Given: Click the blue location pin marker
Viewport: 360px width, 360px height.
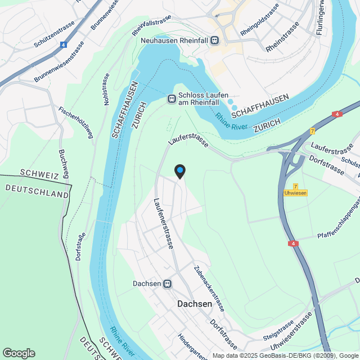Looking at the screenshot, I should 179,170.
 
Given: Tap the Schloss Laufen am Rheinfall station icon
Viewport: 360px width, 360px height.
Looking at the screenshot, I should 172,99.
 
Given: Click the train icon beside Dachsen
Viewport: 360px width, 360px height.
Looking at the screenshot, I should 167,284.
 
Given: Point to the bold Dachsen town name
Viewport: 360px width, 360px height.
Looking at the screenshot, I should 195,304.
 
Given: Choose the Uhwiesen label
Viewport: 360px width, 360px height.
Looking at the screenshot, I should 295,193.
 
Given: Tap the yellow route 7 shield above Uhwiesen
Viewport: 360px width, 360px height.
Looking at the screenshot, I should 295,186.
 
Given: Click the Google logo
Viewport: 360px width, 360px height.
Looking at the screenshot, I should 19,353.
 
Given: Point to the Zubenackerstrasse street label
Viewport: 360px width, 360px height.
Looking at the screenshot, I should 209,289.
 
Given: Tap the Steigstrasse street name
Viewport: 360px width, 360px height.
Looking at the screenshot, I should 278,331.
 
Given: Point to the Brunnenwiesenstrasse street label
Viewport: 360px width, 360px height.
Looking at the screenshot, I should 59,62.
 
